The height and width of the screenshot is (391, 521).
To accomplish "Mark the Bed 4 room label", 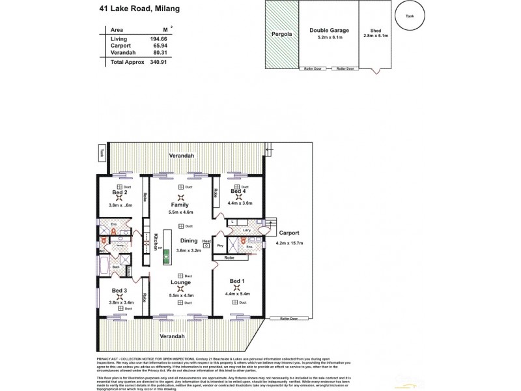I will tap(238, 191).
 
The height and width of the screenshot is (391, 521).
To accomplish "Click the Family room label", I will tap(180, 204).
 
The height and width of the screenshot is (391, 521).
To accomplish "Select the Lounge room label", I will tap(180, 282).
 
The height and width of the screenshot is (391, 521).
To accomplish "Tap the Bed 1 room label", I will tap(238, 282).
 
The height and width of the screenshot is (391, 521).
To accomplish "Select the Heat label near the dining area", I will tap(206, 241).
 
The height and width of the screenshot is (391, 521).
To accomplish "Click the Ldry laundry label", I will tap(247, 230).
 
